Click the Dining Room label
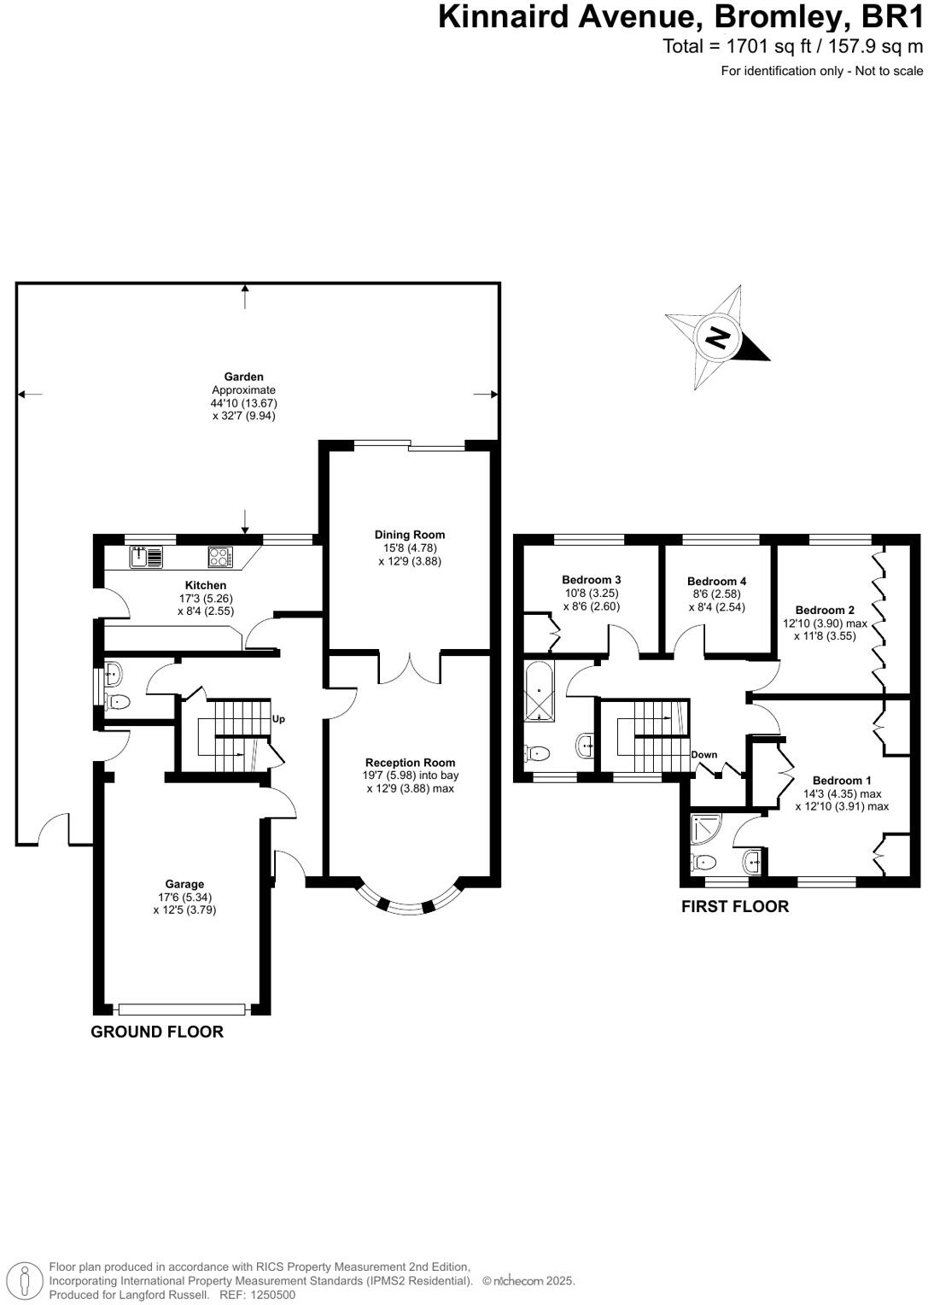tap(410, 535)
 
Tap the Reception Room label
tap(410, 763)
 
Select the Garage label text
tap(184, 884)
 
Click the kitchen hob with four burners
tap(219, 558)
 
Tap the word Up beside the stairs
tap(278, 719)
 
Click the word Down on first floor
tap(703, 755)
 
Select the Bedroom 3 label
tap(591, 580)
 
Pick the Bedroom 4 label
tap(716, 581)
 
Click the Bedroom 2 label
tap(824, 610)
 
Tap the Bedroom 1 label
tap(841, 781)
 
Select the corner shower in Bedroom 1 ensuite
tap(705, 826)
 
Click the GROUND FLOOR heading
tap(157, 1032)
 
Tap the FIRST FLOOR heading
tap(734, 907)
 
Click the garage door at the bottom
tap(183, 1009)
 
